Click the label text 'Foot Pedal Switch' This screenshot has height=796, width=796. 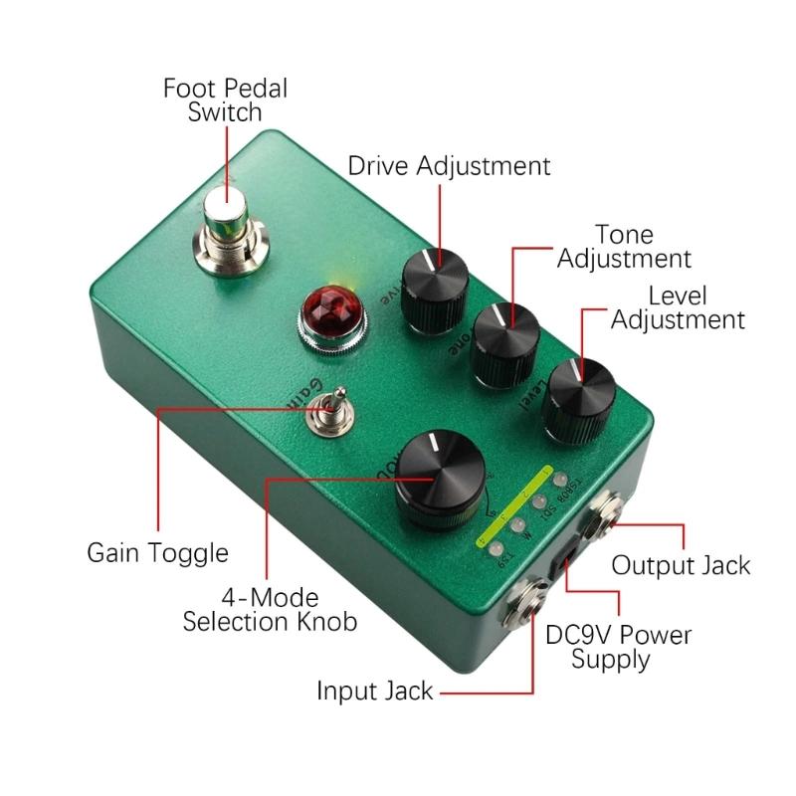pos(225,99)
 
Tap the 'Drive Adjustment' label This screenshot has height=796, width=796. pos(449,164)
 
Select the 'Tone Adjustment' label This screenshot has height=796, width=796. pos(624,247)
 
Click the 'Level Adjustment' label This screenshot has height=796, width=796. pos(678,307)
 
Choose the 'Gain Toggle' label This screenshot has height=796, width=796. pos(157,552)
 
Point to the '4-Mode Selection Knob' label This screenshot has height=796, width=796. pos(270,610)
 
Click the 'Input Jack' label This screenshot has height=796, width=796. pos(375,691)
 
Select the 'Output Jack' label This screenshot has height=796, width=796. pos(681,565)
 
